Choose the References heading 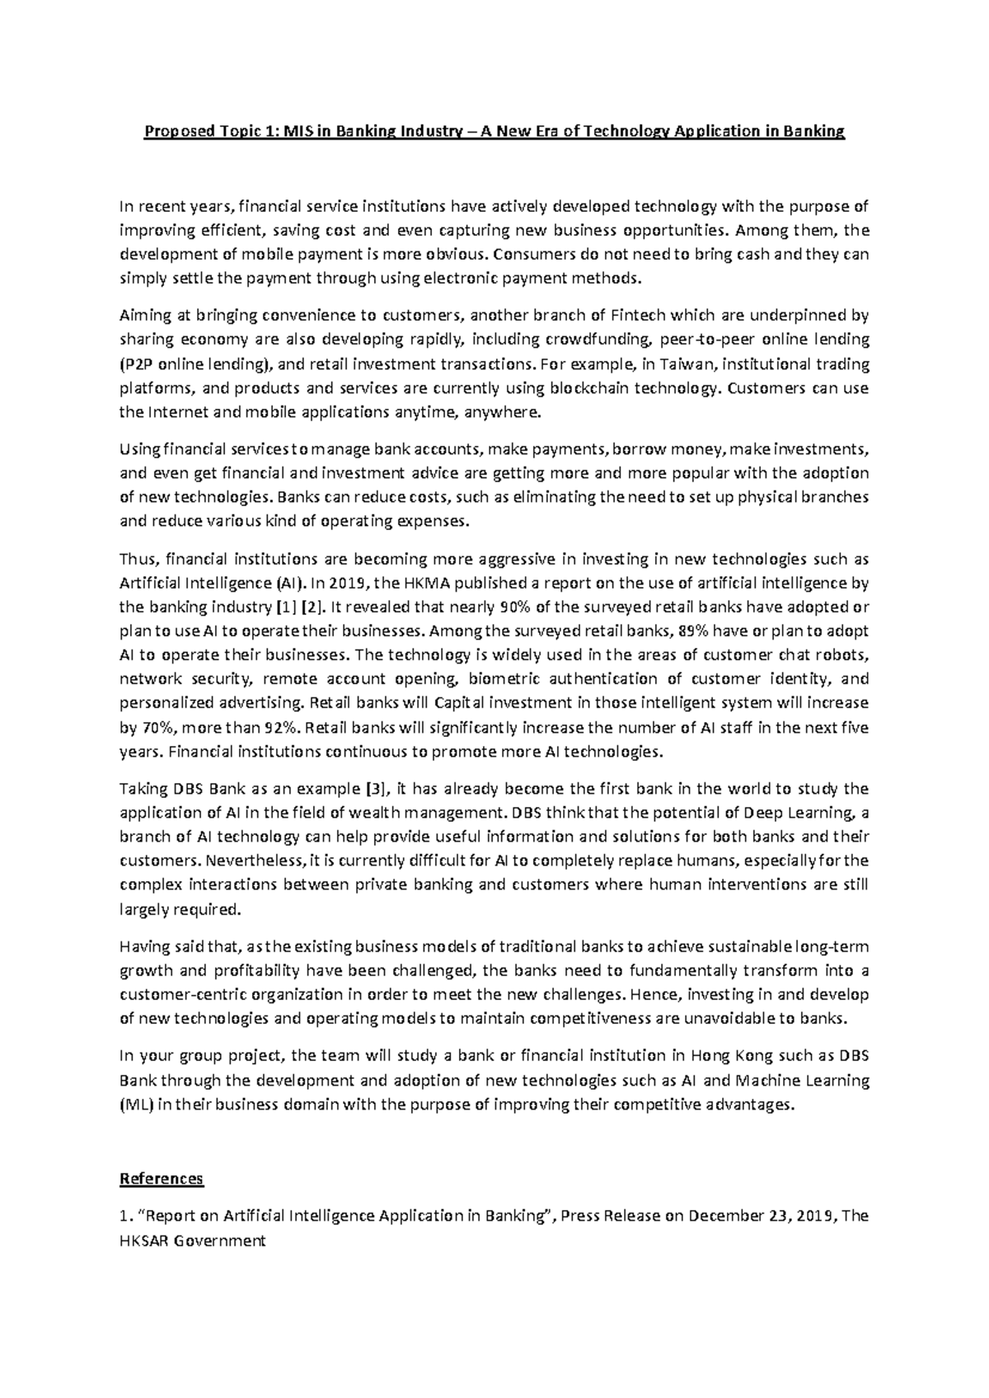click(162, 1178)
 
